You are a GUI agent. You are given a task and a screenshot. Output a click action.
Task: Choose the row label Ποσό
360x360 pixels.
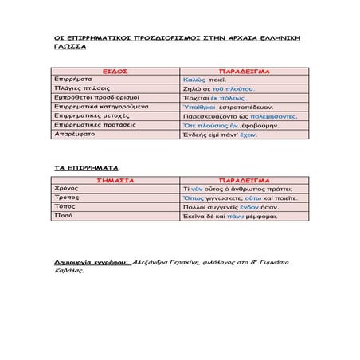click(x=63, y=217)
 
